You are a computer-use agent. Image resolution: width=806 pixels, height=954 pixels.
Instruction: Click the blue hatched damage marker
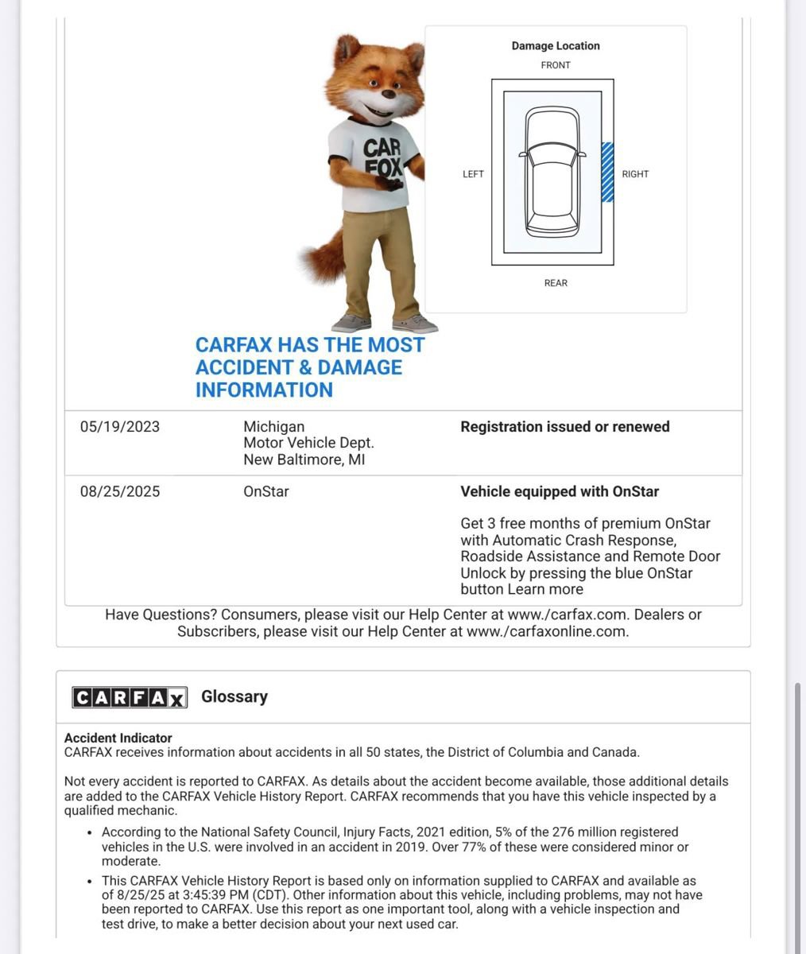coord(607,172)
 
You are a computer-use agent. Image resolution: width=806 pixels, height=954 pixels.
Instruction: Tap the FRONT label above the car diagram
coord(556,65)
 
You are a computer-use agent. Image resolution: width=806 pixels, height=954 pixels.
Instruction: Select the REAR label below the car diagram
coord(556,283)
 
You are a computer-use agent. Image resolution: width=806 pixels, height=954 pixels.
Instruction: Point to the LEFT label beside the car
coord(473,174)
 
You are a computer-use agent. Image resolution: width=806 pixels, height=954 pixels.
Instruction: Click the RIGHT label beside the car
coord(635,174)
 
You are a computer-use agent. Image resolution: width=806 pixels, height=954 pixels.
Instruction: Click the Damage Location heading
coord(556,46)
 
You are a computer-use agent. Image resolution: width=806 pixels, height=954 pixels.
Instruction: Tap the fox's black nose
coord(388,92)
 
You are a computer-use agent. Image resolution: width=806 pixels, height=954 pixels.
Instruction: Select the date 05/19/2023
coord(120,427)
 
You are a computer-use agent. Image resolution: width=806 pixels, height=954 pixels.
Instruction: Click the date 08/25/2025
coord(120,492)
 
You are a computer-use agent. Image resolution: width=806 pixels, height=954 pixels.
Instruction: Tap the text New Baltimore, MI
coord(304,460)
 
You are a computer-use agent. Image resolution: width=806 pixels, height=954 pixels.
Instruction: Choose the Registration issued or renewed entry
coord(565,427)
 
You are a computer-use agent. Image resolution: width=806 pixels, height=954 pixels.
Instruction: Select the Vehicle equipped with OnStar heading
coord(560,492)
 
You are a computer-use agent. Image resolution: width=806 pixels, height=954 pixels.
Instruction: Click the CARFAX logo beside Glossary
coord(130,697)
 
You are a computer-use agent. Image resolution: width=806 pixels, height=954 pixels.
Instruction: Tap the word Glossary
coord(234,696)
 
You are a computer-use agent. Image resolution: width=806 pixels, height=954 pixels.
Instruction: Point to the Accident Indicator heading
coord(118,738)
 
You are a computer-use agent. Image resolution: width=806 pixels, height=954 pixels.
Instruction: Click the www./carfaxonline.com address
coord(547,632)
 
